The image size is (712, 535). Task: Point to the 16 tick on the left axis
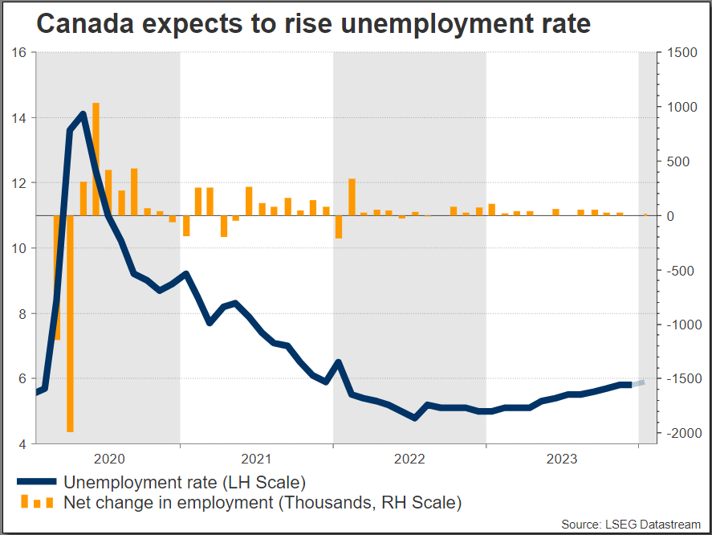pos(20,53)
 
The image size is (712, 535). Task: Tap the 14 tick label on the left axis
pos(20,118)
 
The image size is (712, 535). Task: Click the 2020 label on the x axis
pos(109,459)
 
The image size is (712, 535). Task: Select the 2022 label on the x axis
pos(409,459)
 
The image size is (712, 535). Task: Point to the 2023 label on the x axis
pos(562,459)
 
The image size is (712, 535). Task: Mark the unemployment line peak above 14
pos(83,114)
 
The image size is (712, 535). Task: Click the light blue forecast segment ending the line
pos(638,383)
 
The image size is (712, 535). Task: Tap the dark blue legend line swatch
pos(36,482)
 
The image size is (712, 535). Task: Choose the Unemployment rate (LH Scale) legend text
pos(185,483)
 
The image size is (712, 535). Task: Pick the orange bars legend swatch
pos(37,503)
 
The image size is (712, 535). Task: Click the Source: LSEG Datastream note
pos(631,525)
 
